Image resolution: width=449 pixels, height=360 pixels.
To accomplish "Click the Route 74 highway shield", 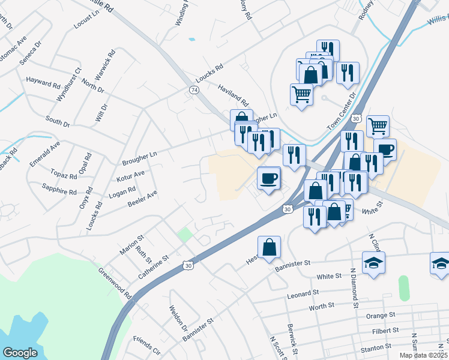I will pos(194,89).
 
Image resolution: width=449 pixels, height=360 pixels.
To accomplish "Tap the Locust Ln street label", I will pos(86,23).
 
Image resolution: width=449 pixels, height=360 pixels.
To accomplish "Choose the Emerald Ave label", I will pos(46,154).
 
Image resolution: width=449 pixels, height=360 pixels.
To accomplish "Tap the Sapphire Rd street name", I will pos(59,193).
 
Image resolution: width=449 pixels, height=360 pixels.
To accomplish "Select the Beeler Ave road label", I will pos(142,199).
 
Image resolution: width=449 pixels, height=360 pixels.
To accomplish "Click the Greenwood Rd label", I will pos(115,283).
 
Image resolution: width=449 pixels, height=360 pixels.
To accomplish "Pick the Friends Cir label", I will pos(147,346).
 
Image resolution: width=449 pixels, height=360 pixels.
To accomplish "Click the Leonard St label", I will pos(303,294).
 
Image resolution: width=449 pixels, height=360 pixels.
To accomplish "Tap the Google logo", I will pos(20,353).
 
